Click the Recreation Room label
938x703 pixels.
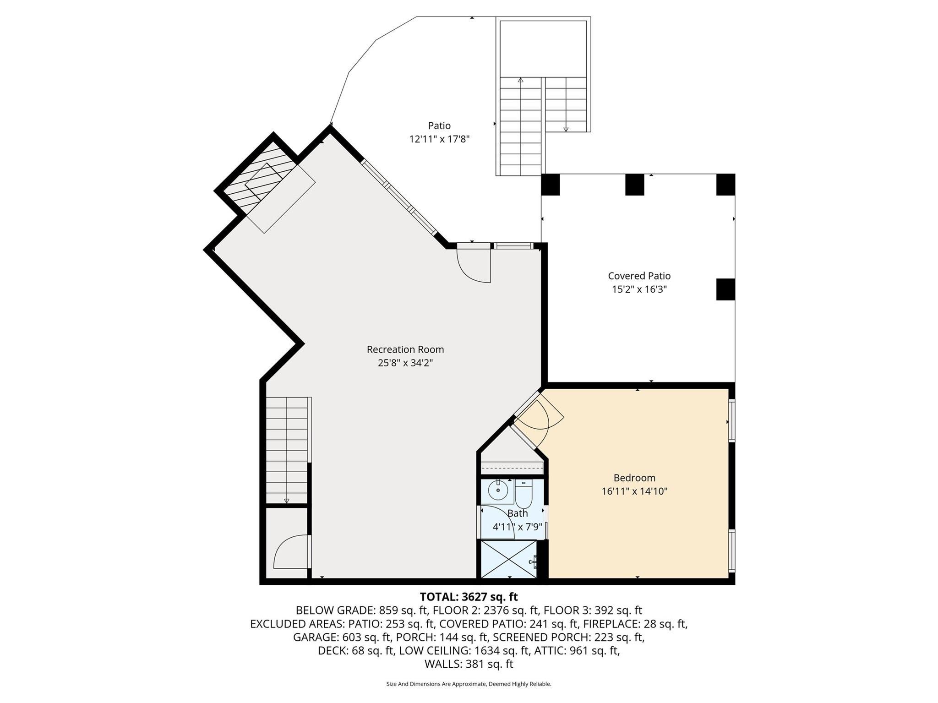click(x=405, y=349)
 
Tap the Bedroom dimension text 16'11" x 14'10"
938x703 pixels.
click(x=634, y=491)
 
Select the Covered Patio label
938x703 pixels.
click(x=639, y=276)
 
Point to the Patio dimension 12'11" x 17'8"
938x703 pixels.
click(x=439, y=139)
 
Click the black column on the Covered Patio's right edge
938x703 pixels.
click(x=725, y=289)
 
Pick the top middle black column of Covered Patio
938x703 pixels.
click(x=635, y=185)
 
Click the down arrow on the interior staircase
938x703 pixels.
click(x=287, y=501)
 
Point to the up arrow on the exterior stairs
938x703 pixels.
click(x=520, y=80)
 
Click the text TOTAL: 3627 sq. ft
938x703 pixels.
click(x=469, y=597)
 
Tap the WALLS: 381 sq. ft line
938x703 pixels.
click(x=469, y=664)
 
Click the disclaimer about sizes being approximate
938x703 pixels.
click(x=469, y=684)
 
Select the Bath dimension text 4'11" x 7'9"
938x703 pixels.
click(x=517, y=527)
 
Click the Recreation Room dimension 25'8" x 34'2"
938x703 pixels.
click(x=405, y=363)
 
